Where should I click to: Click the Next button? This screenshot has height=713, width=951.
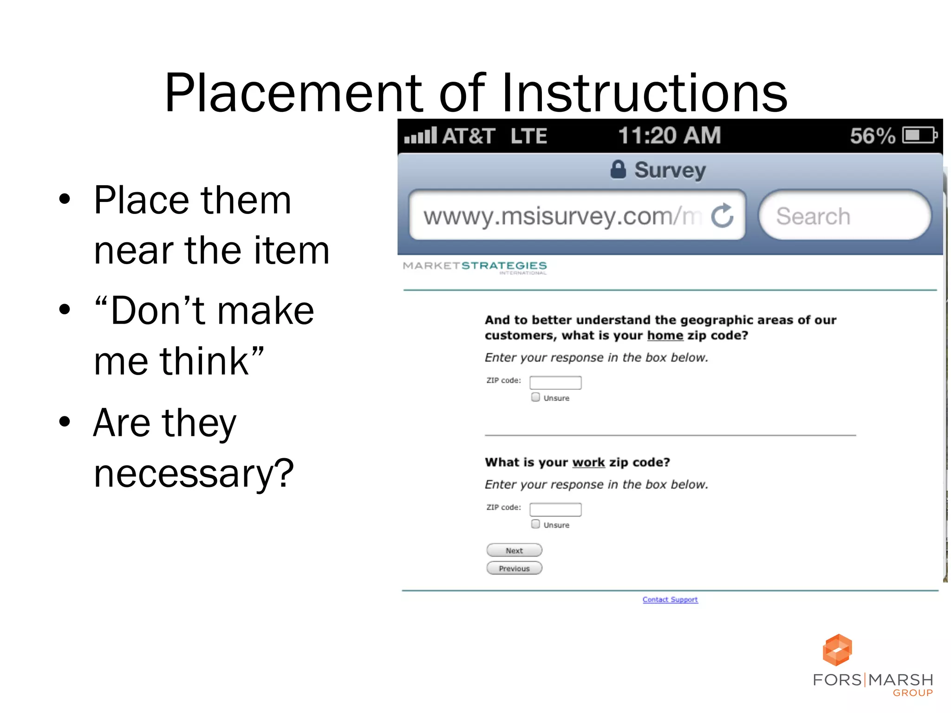coord(514,550)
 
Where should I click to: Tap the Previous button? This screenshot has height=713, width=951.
coord(514,568)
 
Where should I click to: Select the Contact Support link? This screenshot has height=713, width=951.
coord(670,599)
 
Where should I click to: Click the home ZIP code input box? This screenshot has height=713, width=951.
coord(555,382)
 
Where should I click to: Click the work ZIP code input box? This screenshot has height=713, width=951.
coord(555,510)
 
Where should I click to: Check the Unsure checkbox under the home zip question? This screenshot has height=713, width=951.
coord(536,397)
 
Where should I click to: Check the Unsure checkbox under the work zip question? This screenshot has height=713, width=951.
coord(536,524)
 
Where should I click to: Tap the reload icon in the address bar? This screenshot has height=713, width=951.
coord(722,216)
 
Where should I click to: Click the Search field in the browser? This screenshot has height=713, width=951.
coord(844,216)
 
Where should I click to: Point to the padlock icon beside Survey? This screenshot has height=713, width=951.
coord(618,169)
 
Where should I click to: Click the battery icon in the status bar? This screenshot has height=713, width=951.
coord(919,136)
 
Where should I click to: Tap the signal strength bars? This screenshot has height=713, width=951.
coord(420,136)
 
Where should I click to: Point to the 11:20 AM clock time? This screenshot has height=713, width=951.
coord(669,136)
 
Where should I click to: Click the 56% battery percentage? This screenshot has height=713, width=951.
coord(872,136)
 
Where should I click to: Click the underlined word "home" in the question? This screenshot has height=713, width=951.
coord(665,335)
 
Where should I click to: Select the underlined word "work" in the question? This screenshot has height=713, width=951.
coord(588,462)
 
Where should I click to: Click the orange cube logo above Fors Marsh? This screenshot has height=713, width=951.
coord(837,650)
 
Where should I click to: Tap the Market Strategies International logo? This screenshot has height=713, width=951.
coord(475,267)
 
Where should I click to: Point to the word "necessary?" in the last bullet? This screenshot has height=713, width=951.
coord(194,473)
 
